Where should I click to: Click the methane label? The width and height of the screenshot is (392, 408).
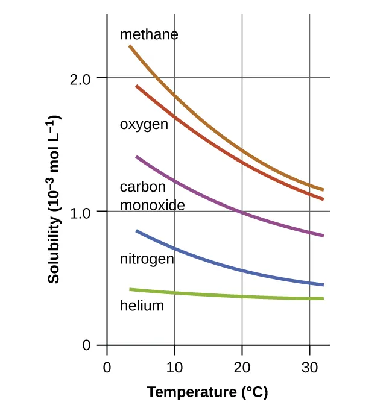coord(149,34)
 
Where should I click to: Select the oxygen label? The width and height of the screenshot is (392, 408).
coord(144,125)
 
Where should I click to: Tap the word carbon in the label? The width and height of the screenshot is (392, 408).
coord(142,187)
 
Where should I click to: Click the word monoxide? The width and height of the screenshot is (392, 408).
coord(152,205)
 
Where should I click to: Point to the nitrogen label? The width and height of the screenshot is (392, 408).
coord(147,259)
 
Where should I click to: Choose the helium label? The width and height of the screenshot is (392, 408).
coord(142,306)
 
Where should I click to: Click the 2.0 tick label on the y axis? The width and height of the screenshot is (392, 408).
coord(80,78)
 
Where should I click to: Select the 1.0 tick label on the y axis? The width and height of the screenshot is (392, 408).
coord(80,212)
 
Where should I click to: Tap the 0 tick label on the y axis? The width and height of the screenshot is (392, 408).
coord(87,346)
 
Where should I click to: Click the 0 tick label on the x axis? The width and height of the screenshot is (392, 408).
coord(107,367)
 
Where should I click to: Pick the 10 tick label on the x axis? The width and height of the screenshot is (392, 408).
coord(174,367)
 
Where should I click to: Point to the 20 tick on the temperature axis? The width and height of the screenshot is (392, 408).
coord(242,367)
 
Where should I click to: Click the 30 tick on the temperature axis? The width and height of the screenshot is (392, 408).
coord(309,367)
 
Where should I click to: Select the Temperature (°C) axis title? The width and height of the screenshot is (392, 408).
coord(207,392)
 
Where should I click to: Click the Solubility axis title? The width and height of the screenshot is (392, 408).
coord(54,199)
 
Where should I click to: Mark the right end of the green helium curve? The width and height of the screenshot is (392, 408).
coord(323,298)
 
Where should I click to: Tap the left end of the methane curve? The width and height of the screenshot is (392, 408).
coord(130,46)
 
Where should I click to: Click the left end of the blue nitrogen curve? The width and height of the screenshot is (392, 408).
coord(137,231)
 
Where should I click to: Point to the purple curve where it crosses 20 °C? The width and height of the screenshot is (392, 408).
coord(242,213)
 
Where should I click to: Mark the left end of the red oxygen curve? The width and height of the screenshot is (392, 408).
coord(137,86)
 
